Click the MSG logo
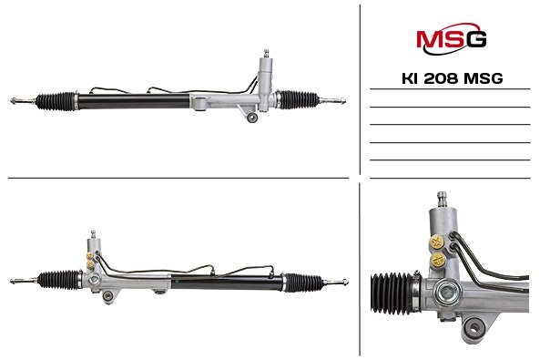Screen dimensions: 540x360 [451, 38]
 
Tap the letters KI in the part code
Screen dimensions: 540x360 [410, 78]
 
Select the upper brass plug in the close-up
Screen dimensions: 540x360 [437, 242]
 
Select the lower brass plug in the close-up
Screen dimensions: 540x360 [438, 260]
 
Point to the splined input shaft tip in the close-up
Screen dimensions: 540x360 [442, 199]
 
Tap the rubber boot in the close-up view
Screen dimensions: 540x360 [392, 293]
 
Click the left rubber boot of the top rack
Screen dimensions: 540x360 [56, 101]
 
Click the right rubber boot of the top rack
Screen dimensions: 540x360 [299, 99]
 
